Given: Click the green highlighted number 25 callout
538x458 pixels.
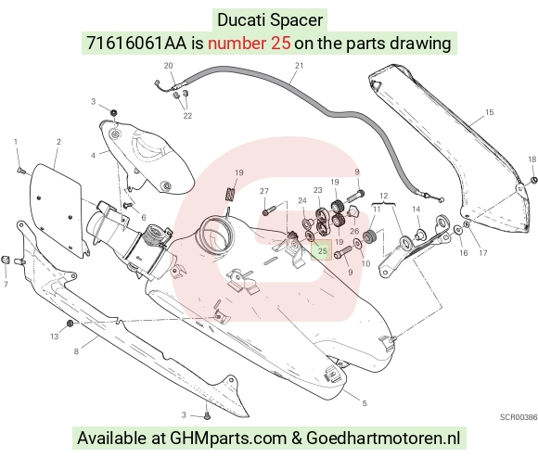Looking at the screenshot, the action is pyautogui.click(x=322, y=250).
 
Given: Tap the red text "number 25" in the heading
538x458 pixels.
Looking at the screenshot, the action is pyautogui.click(x=250, y=44).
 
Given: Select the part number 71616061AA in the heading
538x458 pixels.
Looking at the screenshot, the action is pyautogui.click(x=136, y=44).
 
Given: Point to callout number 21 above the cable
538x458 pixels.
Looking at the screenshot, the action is pyautogui.click(x=300, y=66).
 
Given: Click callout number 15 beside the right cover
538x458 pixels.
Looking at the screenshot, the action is pyautogui.click(x=490, y=112).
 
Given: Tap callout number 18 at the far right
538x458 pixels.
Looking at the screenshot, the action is pyautogui.click(x=532, y=159).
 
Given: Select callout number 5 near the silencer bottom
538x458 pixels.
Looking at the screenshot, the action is pyautogui.click(x=365, y=403).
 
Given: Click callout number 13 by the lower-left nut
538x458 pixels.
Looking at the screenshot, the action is pyautogui.click(x=55, y=337).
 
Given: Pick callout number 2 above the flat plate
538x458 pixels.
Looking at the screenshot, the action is pyautogui.click(x=58, y=142).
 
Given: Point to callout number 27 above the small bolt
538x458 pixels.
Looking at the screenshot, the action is pyautogui.click(x=263, y=191).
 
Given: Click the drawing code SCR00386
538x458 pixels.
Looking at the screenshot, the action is pyautogui.click(x=519, y=417).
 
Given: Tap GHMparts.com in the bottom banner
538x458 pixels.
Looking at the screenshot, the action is pyautogui.click(x=228, y=439).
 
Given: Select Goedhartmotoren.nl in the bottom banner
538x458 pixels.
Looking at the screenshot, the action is pyautogui.click(x=383, y=439).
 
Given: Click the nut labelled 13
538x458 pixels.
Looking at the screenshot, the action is pyautogui.click(x=70, y=324).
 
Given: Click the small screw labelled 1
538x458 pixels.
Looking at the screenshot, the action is pyautogui.click(x=19, y=170).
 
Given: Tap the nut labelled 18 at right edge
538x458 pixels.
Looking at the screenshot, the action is pyautogui.click(x=533, y=180).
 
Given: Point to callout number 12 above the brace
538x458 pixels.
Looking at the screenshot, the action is pyautogui.click(x=384, y=196).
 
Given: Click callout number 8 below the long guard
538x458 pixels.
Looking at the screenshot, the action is pyautogui.click(x=76, y=351).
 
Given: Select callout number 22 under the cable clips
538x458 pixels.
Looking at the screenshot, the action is pyautogui.click(x=187, y=116).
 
